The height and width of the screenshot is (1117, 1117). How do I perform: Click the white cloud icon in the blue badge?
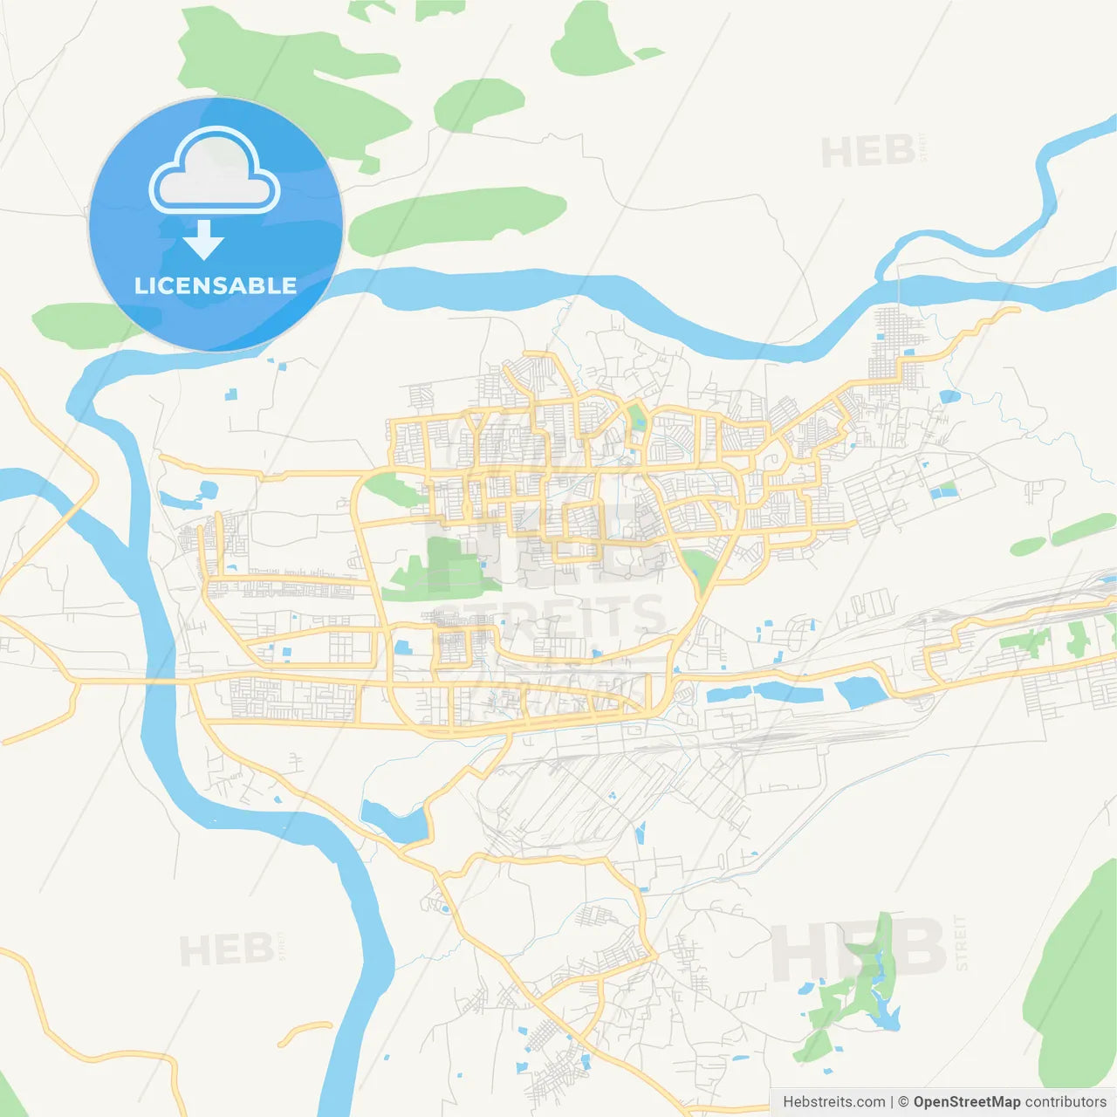coord(214,171)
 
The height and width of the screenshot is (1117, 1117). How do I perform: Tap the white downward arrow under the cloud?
coord(203,240)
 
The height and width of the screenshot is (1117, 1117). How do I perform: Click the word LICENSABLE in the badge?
coord(216,285)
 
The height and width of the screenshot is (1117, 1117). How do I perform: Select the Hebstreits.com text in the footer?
coord(833,1102)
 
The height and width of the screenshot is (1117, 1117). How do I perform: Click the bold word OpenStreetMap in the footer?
coord(966,1102)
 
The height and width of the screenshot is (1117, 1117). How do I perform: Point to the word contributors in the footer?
coord(1066,1102)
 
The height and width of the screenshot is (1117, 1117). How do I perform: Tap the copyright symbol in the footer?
coord(903,1102)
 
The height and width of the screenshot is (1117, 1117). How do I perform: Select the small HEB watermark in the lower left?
coord(226,949)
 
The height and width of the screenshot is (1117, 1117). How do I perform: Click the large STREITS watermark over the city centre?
coord(550,615)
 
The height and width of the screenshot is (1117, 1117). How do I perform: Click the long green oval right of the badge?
coord(457,220)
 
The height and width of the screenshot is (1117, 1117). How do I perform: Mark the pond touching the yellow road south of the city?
coord(394,820)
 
